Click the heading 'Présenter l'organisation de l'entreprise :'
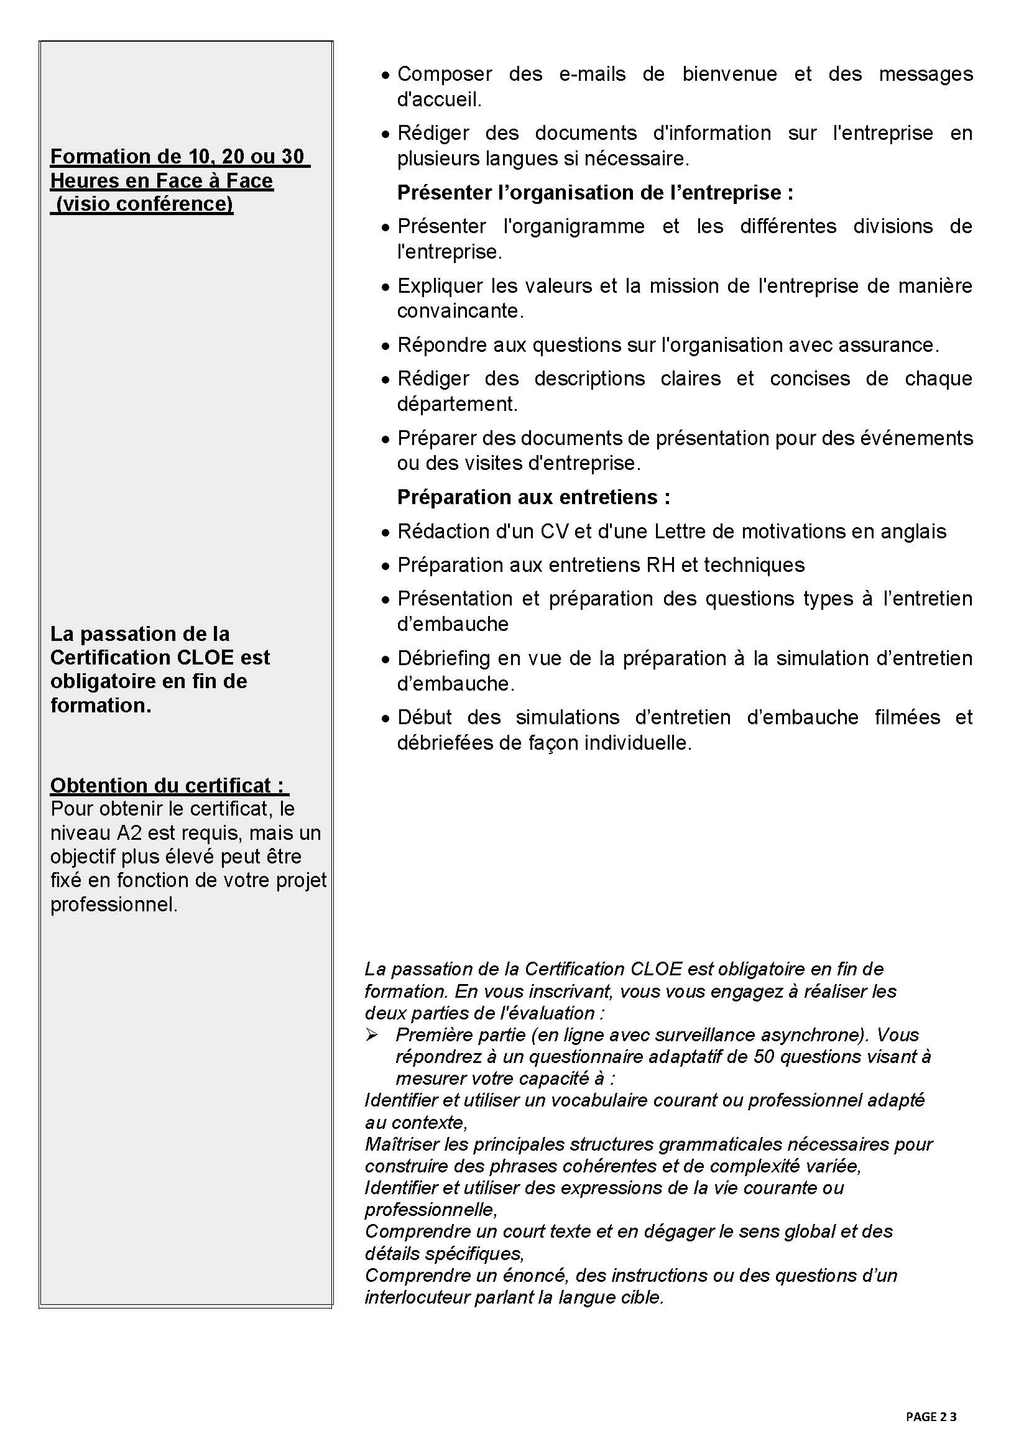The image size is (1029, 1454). pos(594,193)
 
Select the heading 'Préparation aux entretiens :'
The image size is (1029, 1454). pos(533,497)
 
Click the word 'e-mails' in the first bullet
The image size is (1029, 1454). pos(592,74)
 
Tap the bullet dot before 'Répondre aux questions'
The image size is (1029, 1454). pos(385,346)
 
